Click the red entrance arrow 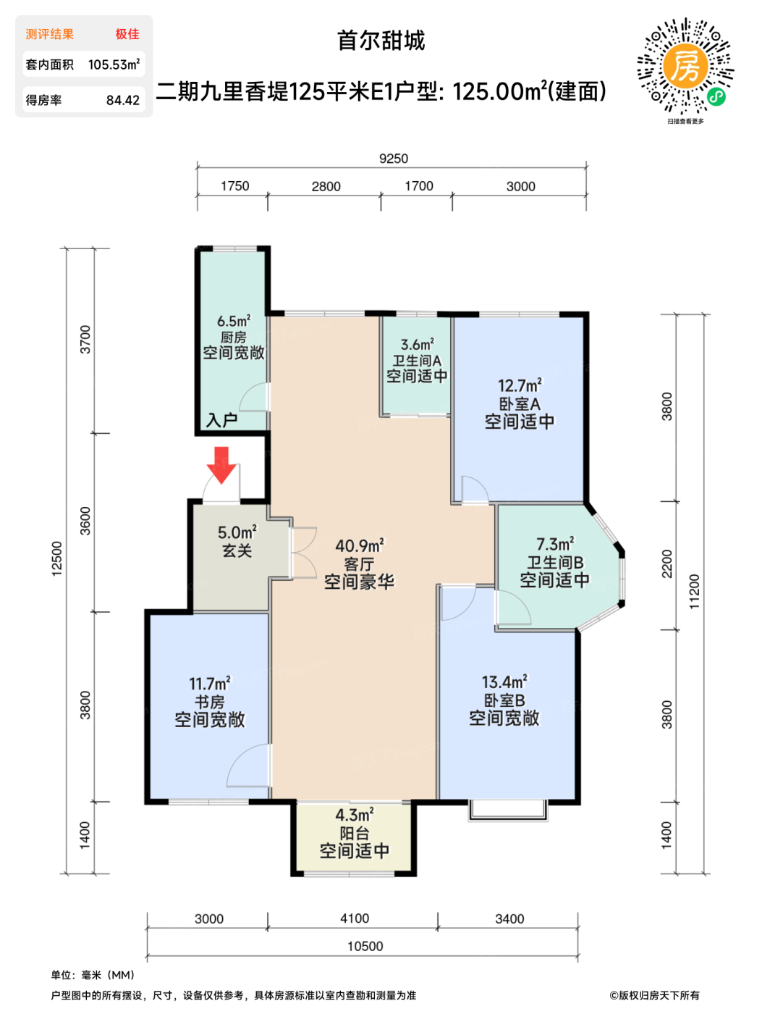point(221,465)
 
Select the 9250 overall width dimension point(393,159)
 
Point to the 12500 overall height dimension point(56,559)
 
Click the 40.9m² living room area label point(360,545)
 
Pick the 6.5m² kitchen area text point(234,321)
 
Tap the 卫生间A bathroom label point(417,360)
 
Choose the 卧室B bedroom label point(504,700)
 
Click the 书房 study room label point(210,702)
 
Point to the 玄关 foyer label point(237,550)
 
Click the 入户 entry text point(222,420)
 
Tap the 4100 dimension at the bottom point(355,918)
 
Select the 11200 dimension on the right point(694,592)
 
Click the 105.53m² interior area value point(114,64)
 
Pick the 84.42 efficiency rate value point(123,100)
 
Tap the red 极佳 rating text point(127,34)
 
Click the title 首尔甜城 point(381,40)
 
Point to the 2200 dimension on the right point(667,563)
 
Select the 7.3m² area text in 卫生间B point(555,544)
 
